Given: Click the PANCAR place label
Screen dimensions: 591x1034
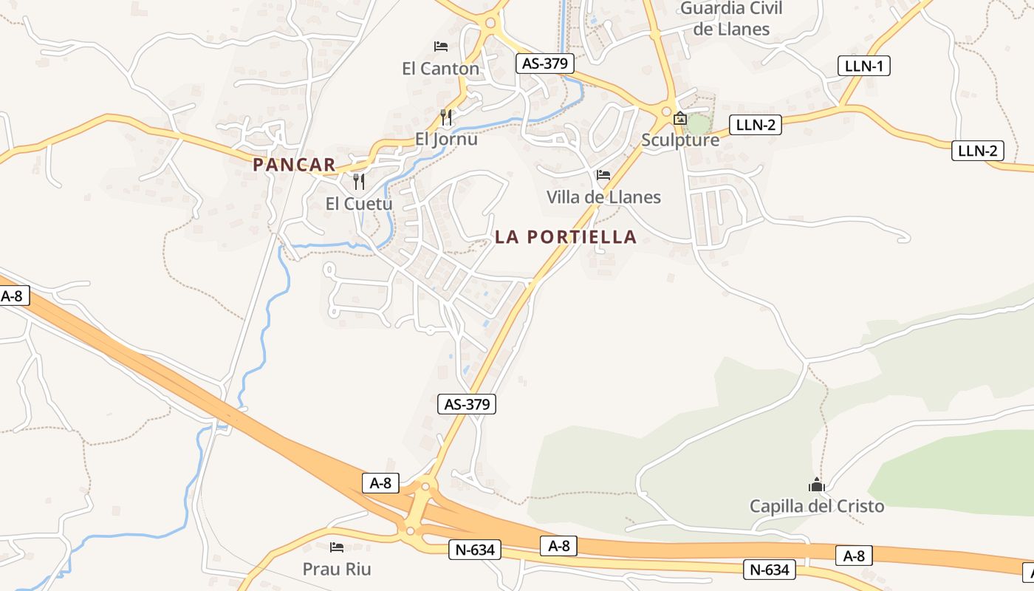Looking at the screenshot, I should pyautogui.click(x=294, y=165).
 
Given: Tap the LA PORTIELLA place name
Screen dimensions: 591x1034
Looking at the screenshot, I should pyautogui.click(x=566, y=237).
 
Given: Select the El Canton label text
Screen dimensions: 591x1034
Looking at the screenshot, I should pyautogui.click(x=440, y=69).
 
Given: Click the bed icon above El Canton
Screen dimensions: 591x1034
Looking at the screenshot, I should pyautogui.click(x=441, y=47).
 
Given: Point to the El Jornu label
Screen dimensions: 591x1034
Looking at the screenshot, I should pyautogui.click(x=446, y=139).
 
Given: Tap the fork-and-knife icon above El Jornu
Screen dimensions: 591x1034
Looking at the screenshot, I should pyautogui.click(x=445, y=117).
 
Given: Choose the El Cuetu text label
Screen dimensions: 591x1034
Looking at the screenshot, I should pyautogui.click(x=359, y=203).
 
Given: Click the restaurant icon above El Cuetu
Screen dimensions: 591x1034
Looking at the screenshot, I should pyautogui.click(x=359, y=181).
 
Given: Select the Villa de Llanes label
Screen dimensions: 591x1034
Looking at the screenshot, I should pyautogui.click(x=603, y=197).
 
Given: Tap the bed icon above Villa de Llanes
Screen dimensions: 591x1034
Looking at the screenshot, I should pyautogui.click(x=603, y=175).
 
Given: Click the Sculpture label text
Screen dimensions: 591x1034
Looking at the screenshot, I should pyautogui.click(x=680, y=140).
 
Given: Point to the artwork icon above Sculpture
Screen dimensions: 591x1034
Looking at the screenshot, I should pyautogui.click(x=680, y=118).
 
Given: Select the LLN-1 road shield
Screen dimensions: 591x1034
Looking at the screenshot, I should pyautogui.click(x=864, y=66).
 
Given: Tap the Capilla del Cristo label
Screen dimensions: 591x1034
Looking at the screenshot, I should pyautogui.click(x=817, y=506).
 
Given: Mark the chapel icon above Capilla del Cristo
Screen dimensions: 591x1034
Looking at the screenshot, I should pyautogui.click(x=817, y=485).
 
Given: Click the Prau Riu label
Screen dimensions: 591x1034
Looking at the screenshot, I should pyautogui.click(x=337, y=569).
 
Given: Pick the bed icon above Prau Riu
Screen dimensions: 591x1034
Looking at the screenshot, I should pyautogui.click(x=337, y=547).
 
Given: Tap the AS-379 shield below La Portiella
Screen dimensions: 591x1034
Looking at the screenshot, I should pyautogui.click(x=467, y=404).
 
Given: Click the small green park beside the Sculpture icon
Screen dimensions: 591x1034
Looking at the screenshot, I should pyautogui.click(x=698, y=123).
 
